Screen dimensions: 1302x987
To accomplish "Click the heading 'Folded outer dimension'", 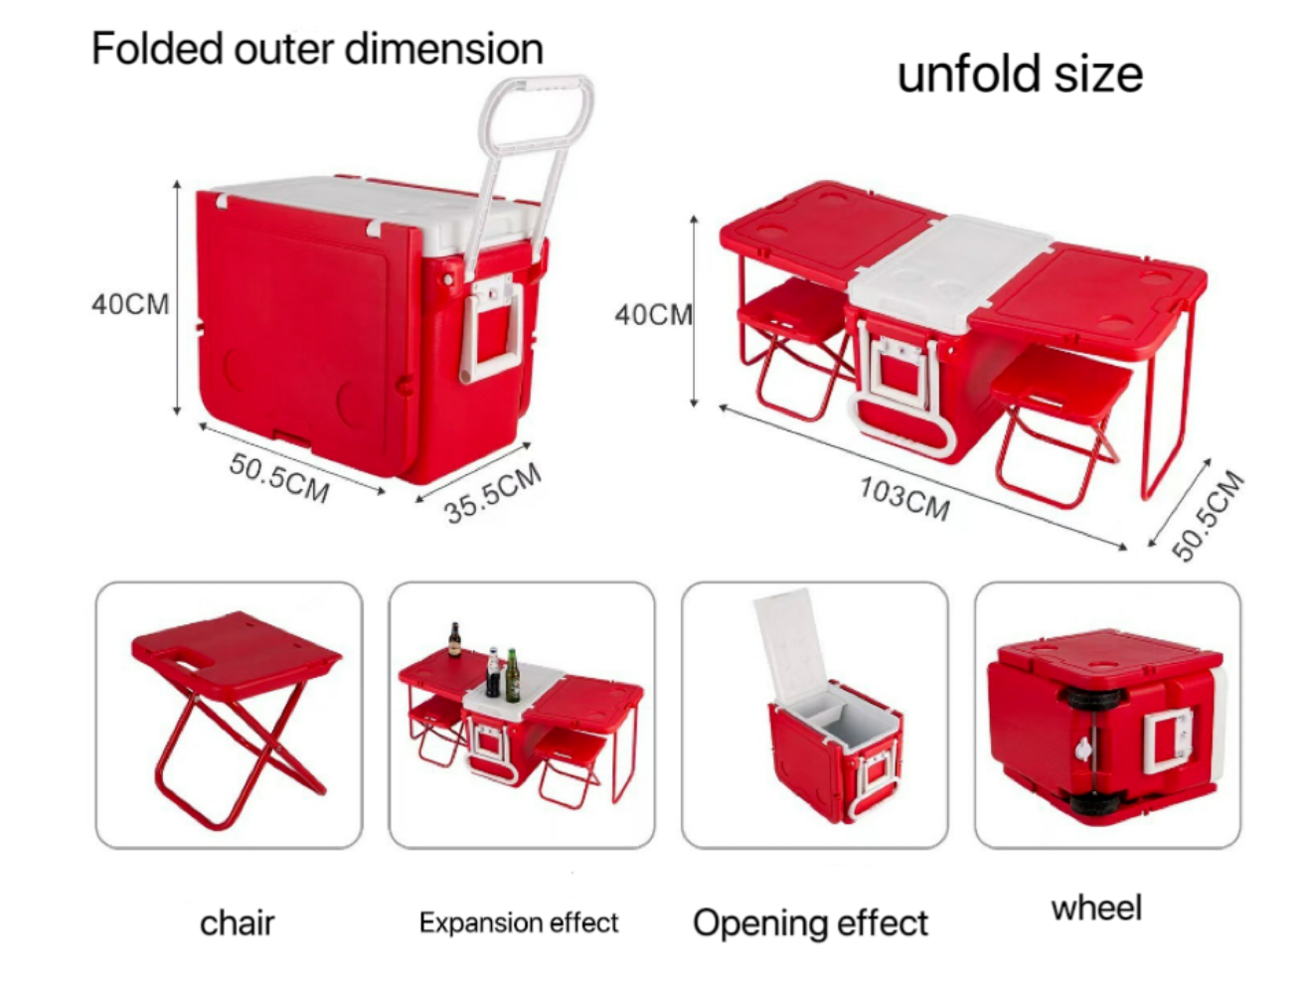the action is [317, 49].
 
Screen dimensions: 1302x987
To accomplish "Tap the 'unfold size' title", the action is [1020, 75].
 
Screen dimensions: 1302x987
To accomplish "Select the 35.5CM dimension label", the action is [494, 493].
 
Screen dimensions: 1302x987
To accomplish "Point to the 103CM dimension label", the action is [904, 498].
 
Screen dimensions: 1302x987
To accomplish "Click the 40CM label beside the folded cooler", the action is [130, 304].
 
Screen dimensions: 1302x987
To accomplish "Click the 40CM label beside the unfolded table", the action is [653, 315].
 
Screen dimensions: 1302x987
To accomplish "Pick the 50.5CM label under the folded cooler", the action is [279, 478].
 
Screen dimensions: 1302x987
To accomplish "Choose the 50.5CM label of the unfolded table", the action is [1208, 515].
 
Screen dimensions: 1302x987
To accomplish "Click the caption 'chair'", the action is [237, 923].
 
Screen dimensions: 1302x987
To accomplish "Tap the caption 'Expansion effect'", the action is [519, 923].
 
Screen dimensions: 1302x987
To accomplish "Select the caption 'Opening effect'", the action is [810, 923].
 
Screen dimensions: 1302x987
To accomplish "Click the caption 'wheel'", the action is [1096, 907].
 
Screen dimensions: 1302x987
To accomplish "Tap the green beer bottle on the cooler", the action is [513, 676].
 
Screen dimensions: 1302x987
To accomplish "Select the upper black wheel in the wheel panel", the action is [1094, 697].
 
